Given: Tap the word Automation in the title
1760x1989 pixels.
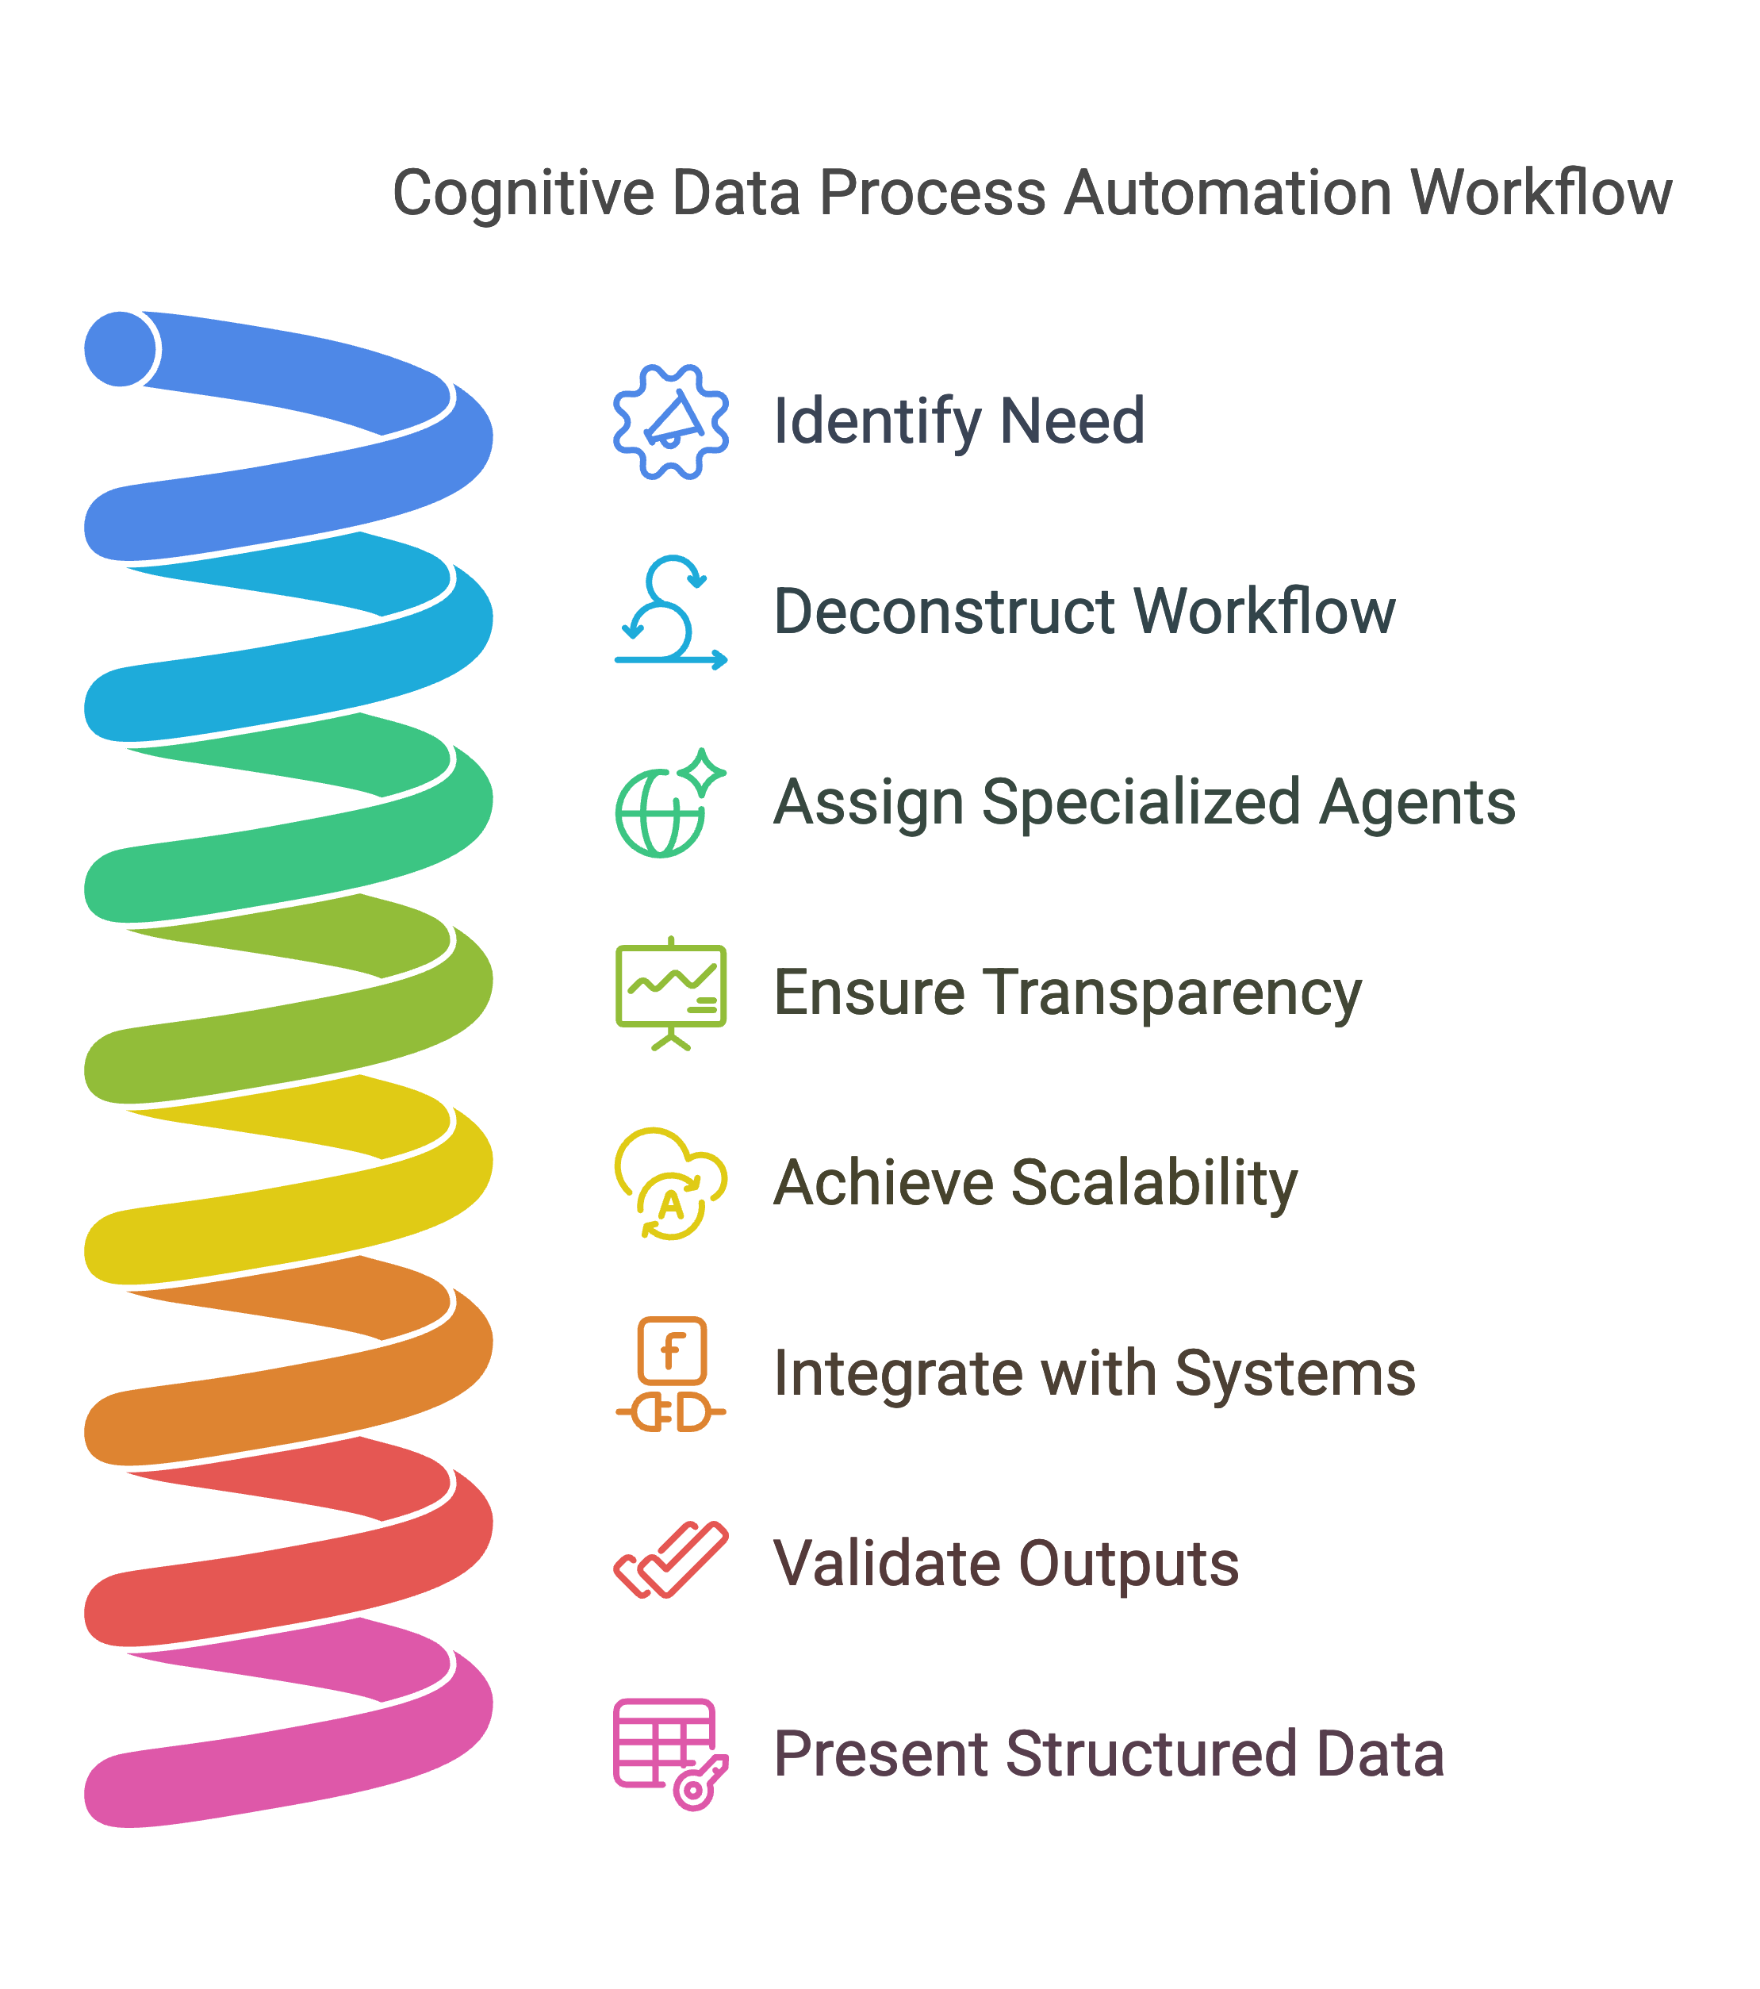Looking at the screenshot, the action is pyautogui.click(x=1228, y=193).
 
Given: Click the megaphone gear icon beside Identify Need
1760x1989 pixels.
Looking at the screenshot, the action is pyautogui.click(x=670, y=421).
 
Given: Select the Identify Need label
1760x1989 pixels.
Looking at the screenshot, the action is pyautogui.click(x=958, y=422).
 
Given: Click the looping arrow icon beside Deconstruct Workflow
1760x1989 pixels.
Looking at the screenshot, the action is pyautogui.click(x=670, y=612).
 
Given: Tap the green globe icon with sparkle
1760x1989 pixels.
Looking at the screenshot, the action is pyautogui.click(x=670, y=803).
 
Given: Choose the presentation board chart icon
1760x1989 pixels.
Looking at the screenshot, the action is pyautogui.click(x=670, y=993).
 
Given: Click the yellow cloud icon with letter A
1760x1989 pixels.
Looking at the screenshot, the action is pyautogui.click(x=670, y=1183).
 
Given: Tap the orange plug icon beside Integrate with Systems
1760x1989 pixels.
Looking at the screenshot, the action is pyautogui.click(x=670, y=1374).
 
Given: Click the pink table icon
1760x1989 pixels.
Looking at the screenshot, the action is pyautogui.click(x=670, y=1754).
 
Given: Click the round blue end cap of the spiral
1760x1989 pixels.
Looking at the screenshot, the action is pyautogui.click(x=121, y=349).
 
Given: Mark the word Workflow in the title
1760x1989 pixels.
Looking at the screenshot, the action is pyautogui.click(x=1541, y=193).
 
